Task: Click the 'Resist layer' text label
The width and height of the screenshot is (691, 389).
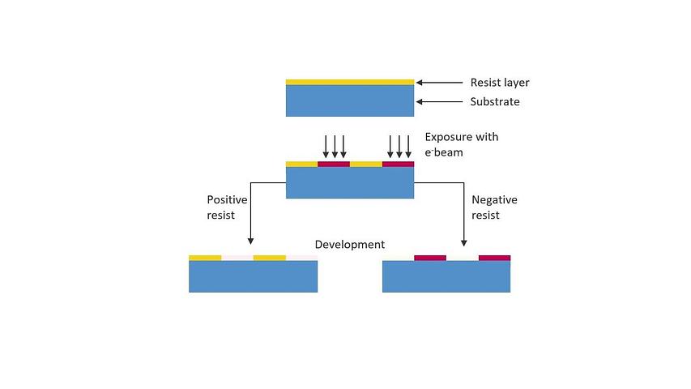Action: tap(499, 83)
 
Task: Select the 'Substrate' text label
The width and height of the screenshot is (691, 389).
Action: tap(494, 102)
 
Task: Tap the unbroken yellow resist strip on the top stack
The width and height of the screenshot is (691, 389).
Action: tap(350, 82)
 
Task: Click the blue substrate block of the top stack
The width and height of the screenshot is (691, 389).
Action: tap(350, 101)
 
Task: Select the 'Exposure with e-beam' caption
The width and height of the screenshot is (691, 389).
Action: tap(461, 143)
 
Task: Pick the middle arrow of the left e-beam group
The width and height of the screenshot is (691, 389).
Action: tap(335, 147)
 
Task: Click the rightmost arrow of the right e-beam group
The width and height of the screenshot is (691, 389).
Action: tap(408, 147)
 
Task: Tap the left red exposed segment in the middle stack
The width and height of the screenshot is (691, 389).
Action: tap(334, 164)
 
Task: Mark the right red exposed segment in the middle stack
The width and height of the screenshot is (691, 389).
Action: tap(398, 164)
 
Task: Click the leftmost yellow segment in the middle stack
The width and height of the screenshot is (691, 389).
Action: tap(301, 164)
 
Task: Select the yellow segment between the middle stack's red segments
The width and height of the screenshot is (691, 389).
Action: tap(365, 164)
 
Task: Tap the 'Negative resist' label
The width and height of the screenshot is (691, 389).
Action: tap(494, 207)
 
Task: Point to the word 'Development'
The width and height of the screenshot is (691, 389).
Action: tap(349, 245)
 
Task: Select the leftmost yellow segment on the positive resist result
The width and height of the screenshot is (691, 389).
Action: tap(205, 258)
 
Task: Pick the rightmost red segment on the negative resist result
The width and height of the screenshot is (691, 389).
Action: tap(494, 258)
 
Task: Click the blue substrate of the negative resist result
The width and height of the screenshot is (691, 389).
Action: tap(446, 276)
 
